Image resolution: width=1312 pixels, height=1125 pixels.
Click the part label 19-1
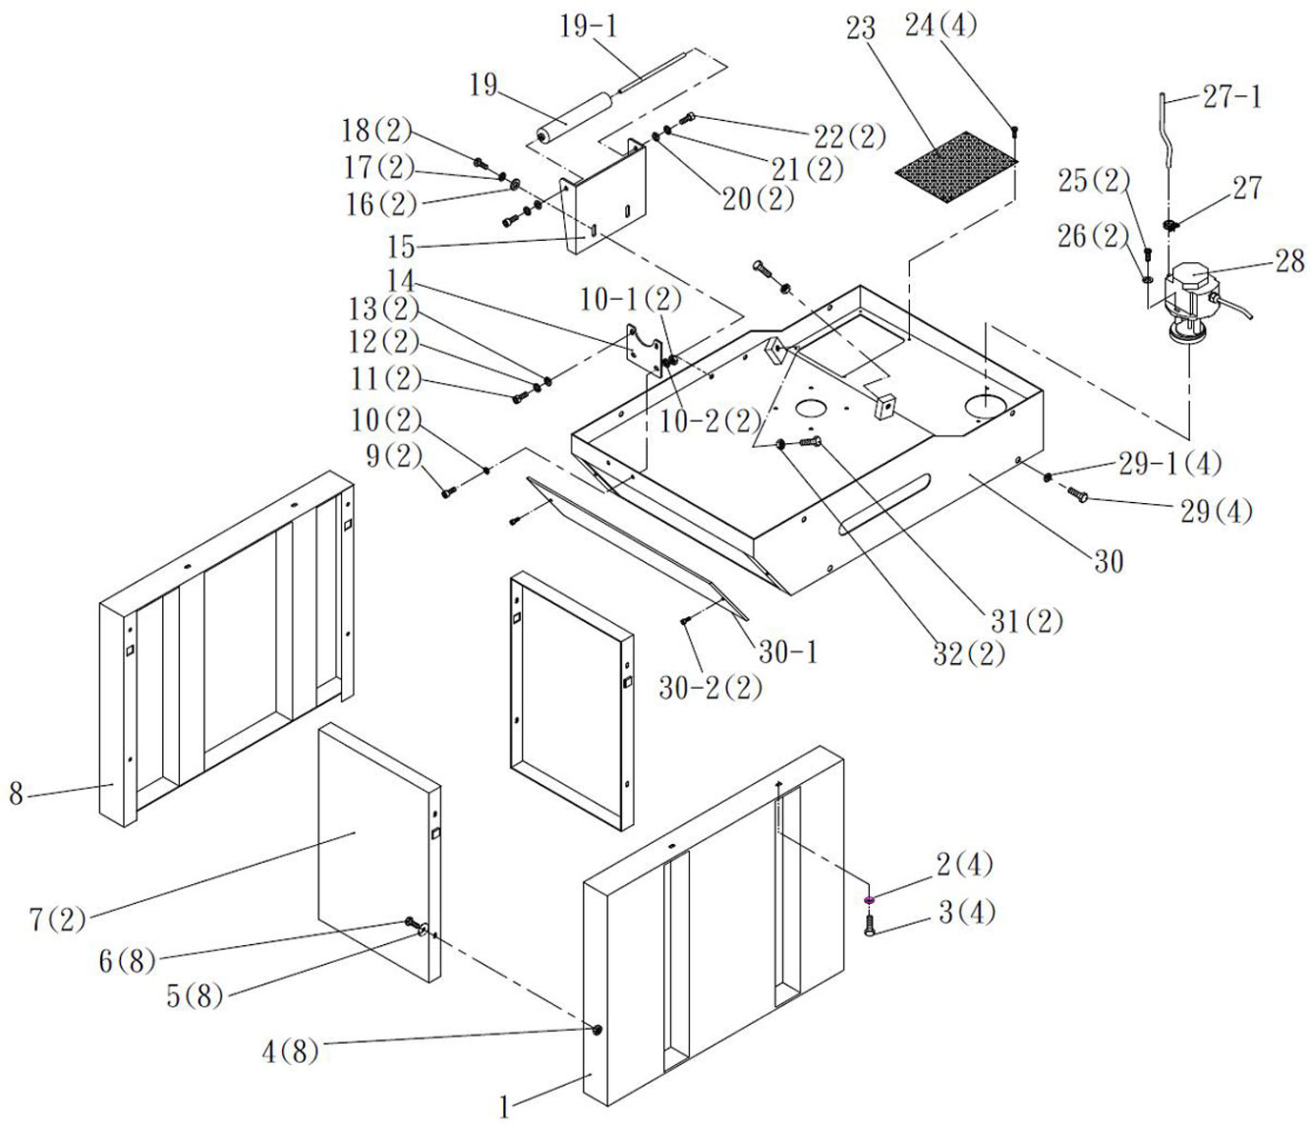(x=587, y=26)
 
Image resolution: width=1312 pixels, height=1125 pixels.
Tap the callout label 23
(x=860, y=29)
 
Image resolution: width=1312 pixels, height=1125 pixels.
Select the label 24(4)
(x=940, y=26)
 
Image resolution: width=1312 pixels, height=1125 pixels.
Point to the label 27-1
(x=1231, y=96)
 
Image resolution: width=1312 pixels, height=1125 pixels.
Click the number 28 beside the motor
(x=1288, y=260)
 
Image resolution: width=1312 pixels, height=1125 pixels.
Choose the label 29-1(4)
(x=1169, y=464)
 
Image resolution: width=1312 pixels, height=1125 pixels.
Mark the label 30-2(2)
(x=711, y=688)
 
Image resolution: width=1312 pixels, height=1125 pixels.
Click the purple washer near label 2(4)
(x=869, y=899)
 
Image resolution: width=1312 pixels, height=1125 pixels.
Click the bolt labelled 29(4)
(x=1078, y=494)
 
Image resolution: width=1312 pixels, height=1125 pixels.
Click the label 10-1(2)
(x=631, y=299)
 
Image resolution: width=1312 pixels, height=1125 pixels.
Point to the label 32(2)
(x=968, y=654)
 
